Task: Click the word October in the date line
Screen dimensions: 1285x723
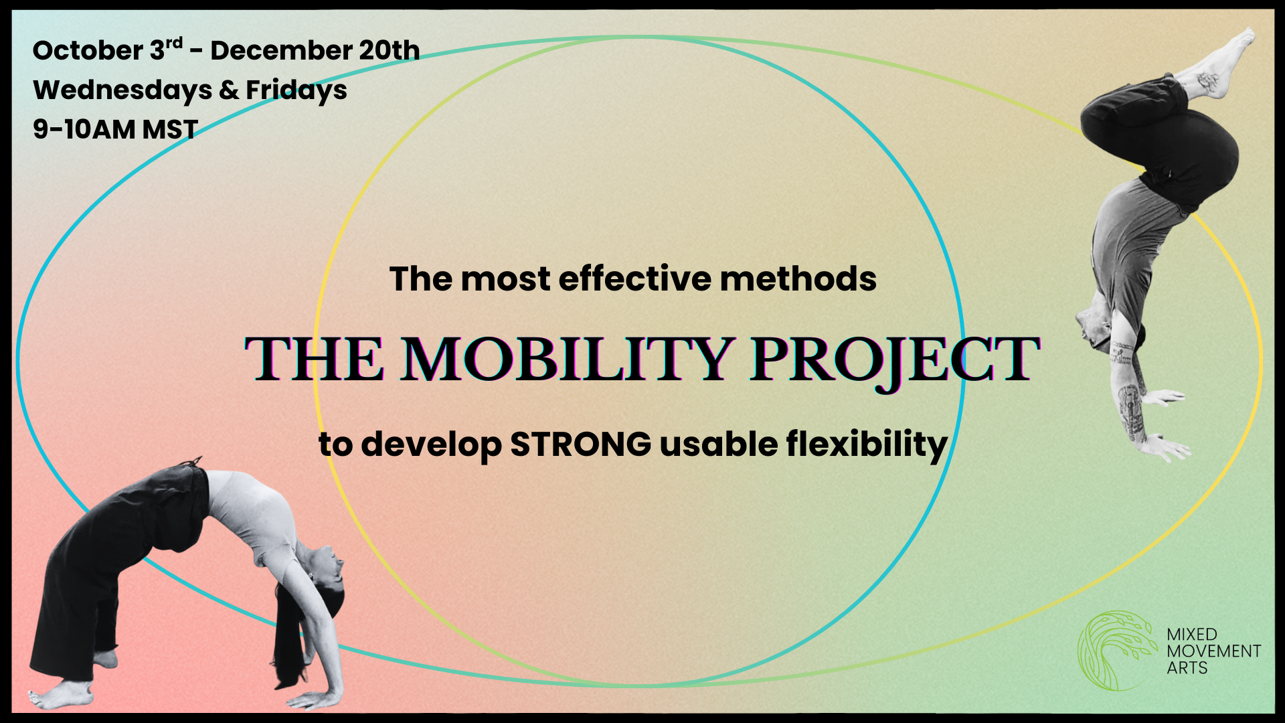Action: [x=88, y=50]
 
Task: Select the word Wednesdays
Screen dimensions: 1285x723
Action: [x=122, y=90]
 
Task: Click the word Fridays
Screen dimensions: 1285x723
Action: [x=296, y=90]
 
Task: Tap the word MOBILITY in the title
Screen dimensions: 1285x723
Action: [x=566, y=359]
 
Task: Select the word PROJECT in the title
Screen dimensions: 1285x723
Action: [x=895, y=361]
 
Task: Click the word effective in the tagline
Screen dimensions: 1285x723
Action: [x=635, y=278]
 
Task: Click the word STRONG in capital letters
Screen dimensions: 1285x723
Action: [x=581, y=444]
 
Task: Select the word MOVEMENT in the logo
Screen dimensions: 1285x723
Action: [x=1213, y=651]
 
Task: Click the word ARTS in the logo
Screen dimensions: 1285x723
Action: [x=1187, y=667]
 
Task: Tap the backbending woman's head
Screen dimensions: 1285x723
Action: [x=328, y=576]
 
